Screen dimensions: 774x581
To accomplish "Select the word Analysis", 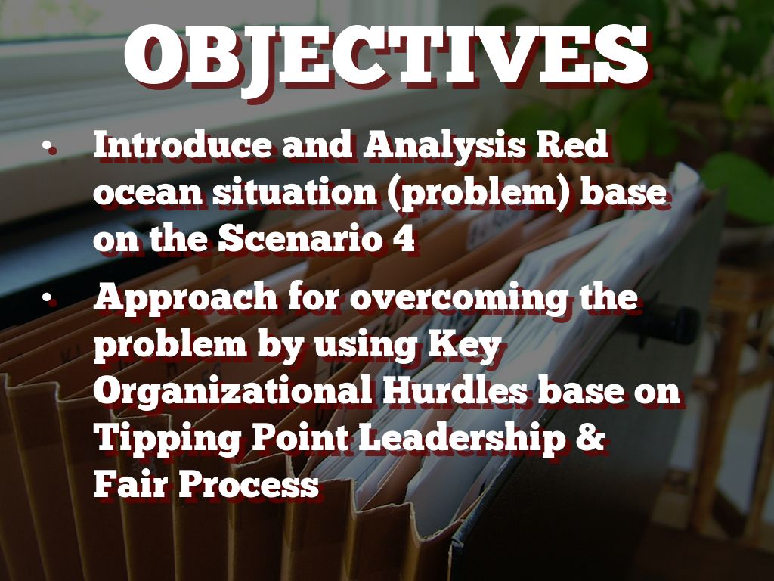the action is click(x=444, y=147).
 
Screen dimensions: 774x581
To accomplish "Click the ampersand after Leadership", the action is click(x=590, y=437).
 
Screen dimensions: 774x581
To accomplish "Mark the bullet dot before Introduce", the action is click(x=48, y=145).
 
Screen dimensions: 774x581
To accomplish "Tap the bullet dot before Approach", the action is click(x=48, y=297).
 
